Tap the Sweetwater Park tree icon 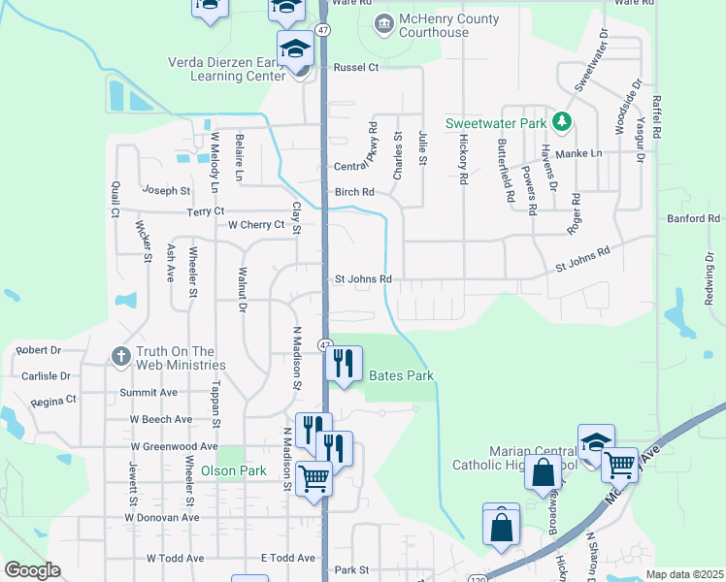560,122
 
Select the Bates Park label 399,375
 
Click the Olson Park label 233,470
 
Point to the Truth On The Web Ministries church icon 120,357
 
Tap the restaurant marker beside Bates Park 343,364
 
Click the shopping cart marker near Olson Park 313,478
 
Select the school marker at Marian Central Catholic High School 595,442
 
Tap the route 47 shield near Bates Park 325,344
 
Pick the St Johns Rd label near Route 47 363,279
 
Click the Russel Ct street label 355,67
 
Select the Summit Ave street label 148,392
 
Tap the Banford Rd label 693,219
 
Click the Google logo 32,570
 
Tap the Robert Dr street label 38,350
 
